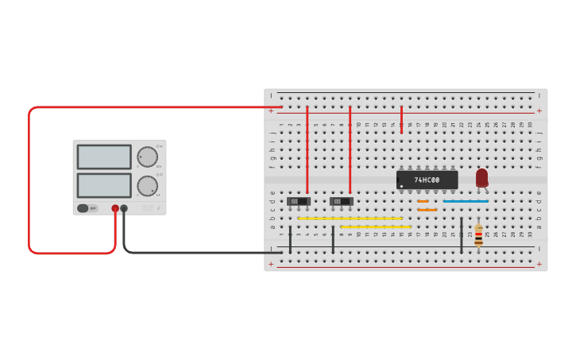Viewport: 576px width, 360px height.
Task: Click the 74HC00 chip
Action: (x=427, y=180)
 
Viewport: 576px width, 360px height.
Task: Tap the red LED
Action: (x=481, y=177)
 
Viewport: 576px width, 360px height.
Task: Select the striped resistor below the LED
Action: (x=478, y=235)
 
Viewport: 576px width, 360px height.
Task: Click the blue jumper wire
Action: (x=466, y=201)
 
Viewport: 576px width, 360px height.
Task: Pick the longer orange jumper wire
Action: (x=427, y=210)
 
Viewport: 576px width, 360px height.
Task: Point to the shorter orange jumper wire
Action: (x=423, y=201)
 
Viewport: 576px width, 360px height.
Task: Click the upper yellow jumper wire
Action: (x=350, y=218)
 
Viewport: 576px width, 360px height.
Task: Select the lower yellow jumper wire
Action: (x=375, y=226)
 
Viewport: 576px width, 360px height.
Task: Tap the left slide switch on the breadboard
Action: (x=298, y=201)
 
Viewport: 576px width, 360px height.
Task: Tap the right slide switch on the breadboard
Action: (x=341, y=201)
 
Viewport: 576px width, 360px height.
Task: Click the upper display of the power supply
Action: (x=104, y=157)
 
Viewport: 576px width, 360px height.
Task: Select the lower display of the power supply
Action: (x=104, y=185)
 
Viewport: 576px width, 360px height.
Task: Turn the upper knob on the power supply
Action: (x=147, y=157)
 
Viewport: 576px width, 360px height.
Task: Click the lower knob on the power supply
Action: (x=147, y=186)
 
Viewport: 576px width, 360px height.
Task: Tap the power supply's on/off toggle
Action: (x=83, y=208)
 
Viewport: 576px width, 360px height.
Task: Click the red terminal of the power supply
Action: (x=115, y=208)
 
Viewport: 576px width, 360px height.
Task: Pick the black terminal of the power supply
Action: (x=124, y=208)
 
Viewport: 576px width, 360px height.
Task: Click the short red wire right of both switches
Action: (x=401, y=119)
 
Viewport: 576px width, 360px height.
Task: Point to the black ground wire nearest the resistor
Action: (x=462, y=235)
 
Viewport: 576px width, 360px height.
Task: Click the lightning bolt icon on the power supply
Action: (x=158, y=208)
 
